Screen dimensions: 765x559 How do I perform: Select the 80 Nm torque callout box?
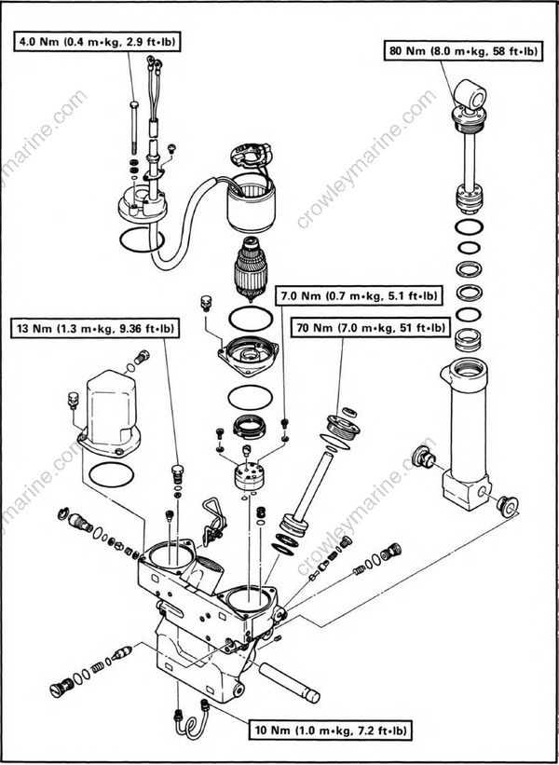pyautogui.click(x=463, y=51)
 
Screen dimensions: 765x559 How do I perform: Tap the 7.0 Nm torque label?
pyautogui.click(x=359, y=299)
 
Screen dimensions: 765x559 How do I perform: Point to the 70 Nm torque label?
pyautogui.click(x=371, y=328)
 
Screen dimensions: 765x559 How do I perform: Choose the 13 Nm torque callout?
pyautogui.click(x=96, y=328)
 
